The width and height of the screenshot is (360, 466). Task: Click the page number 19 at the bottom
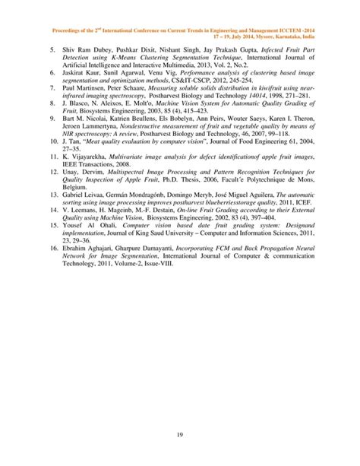180,433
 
